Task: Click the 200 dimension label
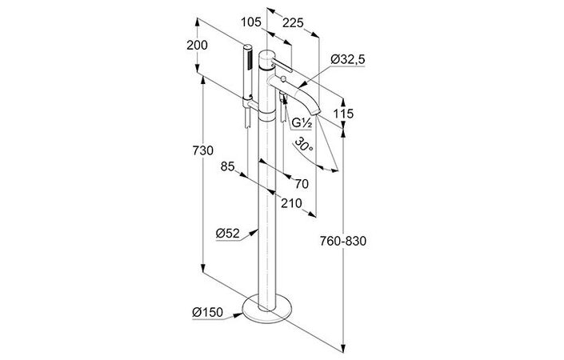point(197,46)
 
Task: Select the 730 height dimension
point(203,150)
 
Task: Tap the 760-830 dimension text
point(343,241)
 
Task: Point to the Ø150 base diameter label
point(207,312)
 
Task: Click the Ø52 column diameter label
point(228,234)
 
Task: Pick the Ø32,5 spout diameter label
point(347,59)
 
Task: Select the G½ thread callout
point(301,123)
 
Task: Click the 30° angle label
point(302,145)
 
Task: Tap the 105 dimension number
point(250,22)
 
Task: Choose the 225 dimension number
point(293,23)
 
